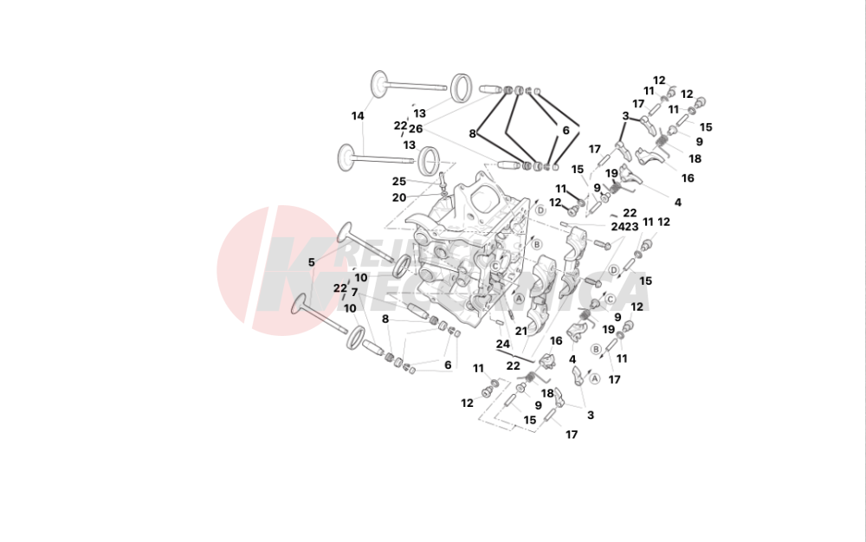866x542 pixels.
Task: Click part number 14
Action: tap(358, 116)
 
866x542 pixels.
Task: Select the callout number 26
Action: tap(416, 129)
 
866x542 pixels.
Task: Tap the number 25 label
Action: tap(398, 182)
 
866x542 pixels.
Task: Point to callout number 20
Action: tap(398, 197)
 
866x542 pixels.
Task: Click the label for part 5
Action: tap(312, 261)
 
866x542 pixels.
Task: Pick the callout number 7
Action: tap(354, 292)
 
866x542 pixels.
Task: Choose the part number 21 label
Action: tap(521, 330)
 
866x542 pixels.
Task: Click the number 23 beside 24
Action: tap(632, 226)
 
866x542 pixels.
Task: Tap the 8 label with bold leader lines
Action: tap(473, 133)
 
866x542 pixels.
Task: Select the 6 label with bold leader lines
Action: tap(565, 130)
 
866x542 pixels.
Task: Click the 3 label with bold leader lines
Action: tap(625, 116)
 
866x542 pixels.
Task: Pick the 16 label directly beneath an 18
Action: tap(688, 178)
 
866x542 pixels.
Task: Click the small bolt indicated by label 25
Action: tap(442, 182)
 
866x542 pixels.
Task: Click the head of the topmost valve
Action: tap(379, 83)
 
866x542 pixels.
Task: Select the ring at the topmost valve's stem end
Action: tap(462, 87)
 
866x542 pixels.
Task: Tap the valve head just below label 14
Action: tap(347, 157)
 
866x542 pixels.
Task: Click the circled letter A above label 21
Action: tap(519, 299)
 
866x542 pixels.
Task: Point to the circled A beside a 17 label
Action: tap(594, 378)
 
